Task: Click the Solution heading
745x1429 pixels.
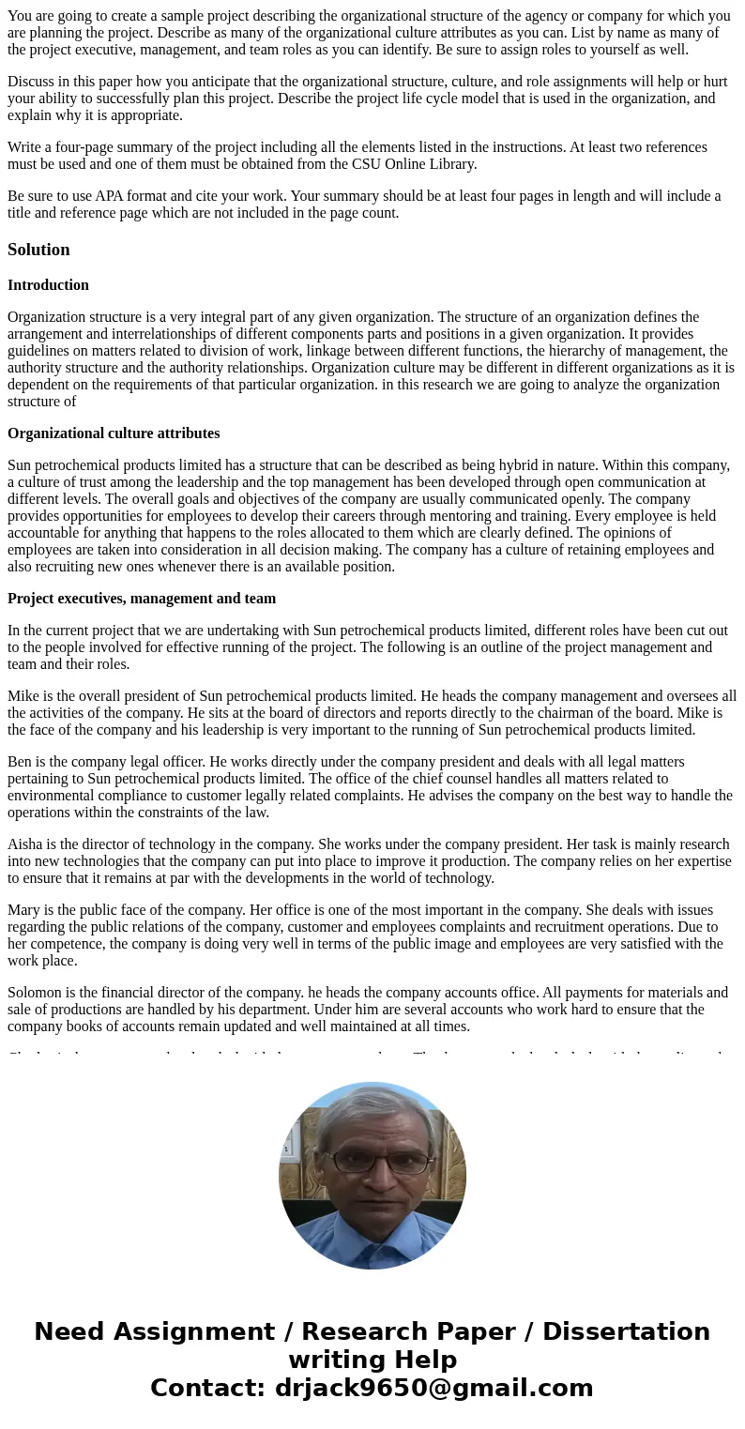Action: [x=38, y=250]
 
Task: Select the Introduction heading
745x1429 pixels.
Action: [x=48, y=285]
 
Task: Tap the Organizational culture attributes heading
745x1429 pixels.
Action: [x=114, y=433]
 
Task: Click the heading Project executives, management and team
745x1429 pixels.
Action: [x=142, y=599]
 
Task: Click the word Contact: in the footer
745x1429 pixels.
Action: [x=207, y=1389]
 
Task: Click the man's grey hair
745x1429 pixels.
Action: [x=373, y=1107]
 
